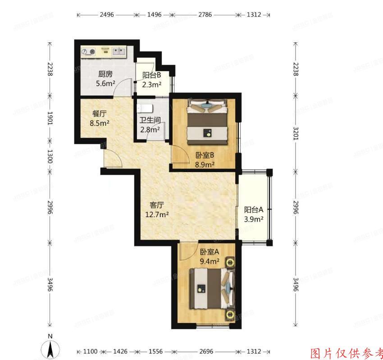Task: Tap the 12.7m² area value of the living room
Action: tap(157, 214)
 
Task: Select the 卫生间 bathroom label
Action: tap(150, 120)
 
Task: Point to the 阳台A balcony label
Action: tap(254, 210)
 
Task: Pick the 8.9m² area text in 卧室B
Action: tap(205, 164)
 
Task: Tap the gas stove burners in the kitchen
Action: tap(89, 52)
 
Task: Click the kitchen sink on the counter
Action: tap(119, 51)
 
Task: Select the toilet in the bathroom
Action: tap(146, 109)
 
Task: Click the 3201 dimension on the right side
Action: tap(296, 133)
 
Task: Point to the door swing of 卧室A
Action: tap(186, 251)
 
